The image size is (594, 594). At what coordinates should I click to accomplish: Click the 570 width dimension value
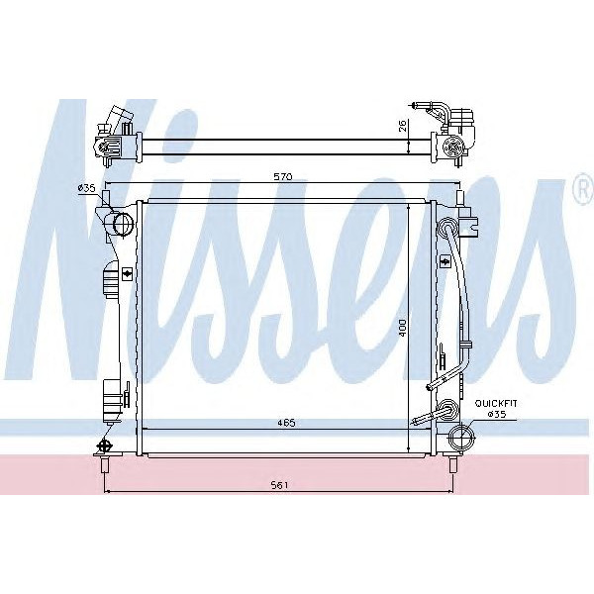[283, 176]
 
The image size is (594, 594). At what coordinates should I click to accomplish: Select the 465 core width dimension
[286, 423]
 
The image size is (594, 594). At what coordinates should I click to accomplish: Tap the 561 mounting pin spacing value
[279, 485]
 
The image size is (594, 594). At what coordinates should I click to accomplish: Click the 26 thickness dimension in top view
[402, 126]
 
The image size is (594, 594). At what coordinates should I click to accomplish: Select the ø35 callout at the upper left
[86, 188]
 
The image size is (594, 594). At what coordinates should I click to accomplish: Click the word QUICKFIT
[496, 404]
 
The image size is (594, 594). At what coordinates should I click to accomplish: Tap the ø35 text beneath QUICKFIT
[497, 414]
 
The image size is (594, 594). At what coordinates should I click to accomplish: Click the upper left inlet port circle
[124, 224]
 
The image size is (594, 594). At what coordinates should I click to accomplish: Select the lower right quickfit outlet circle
[461, 437]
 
